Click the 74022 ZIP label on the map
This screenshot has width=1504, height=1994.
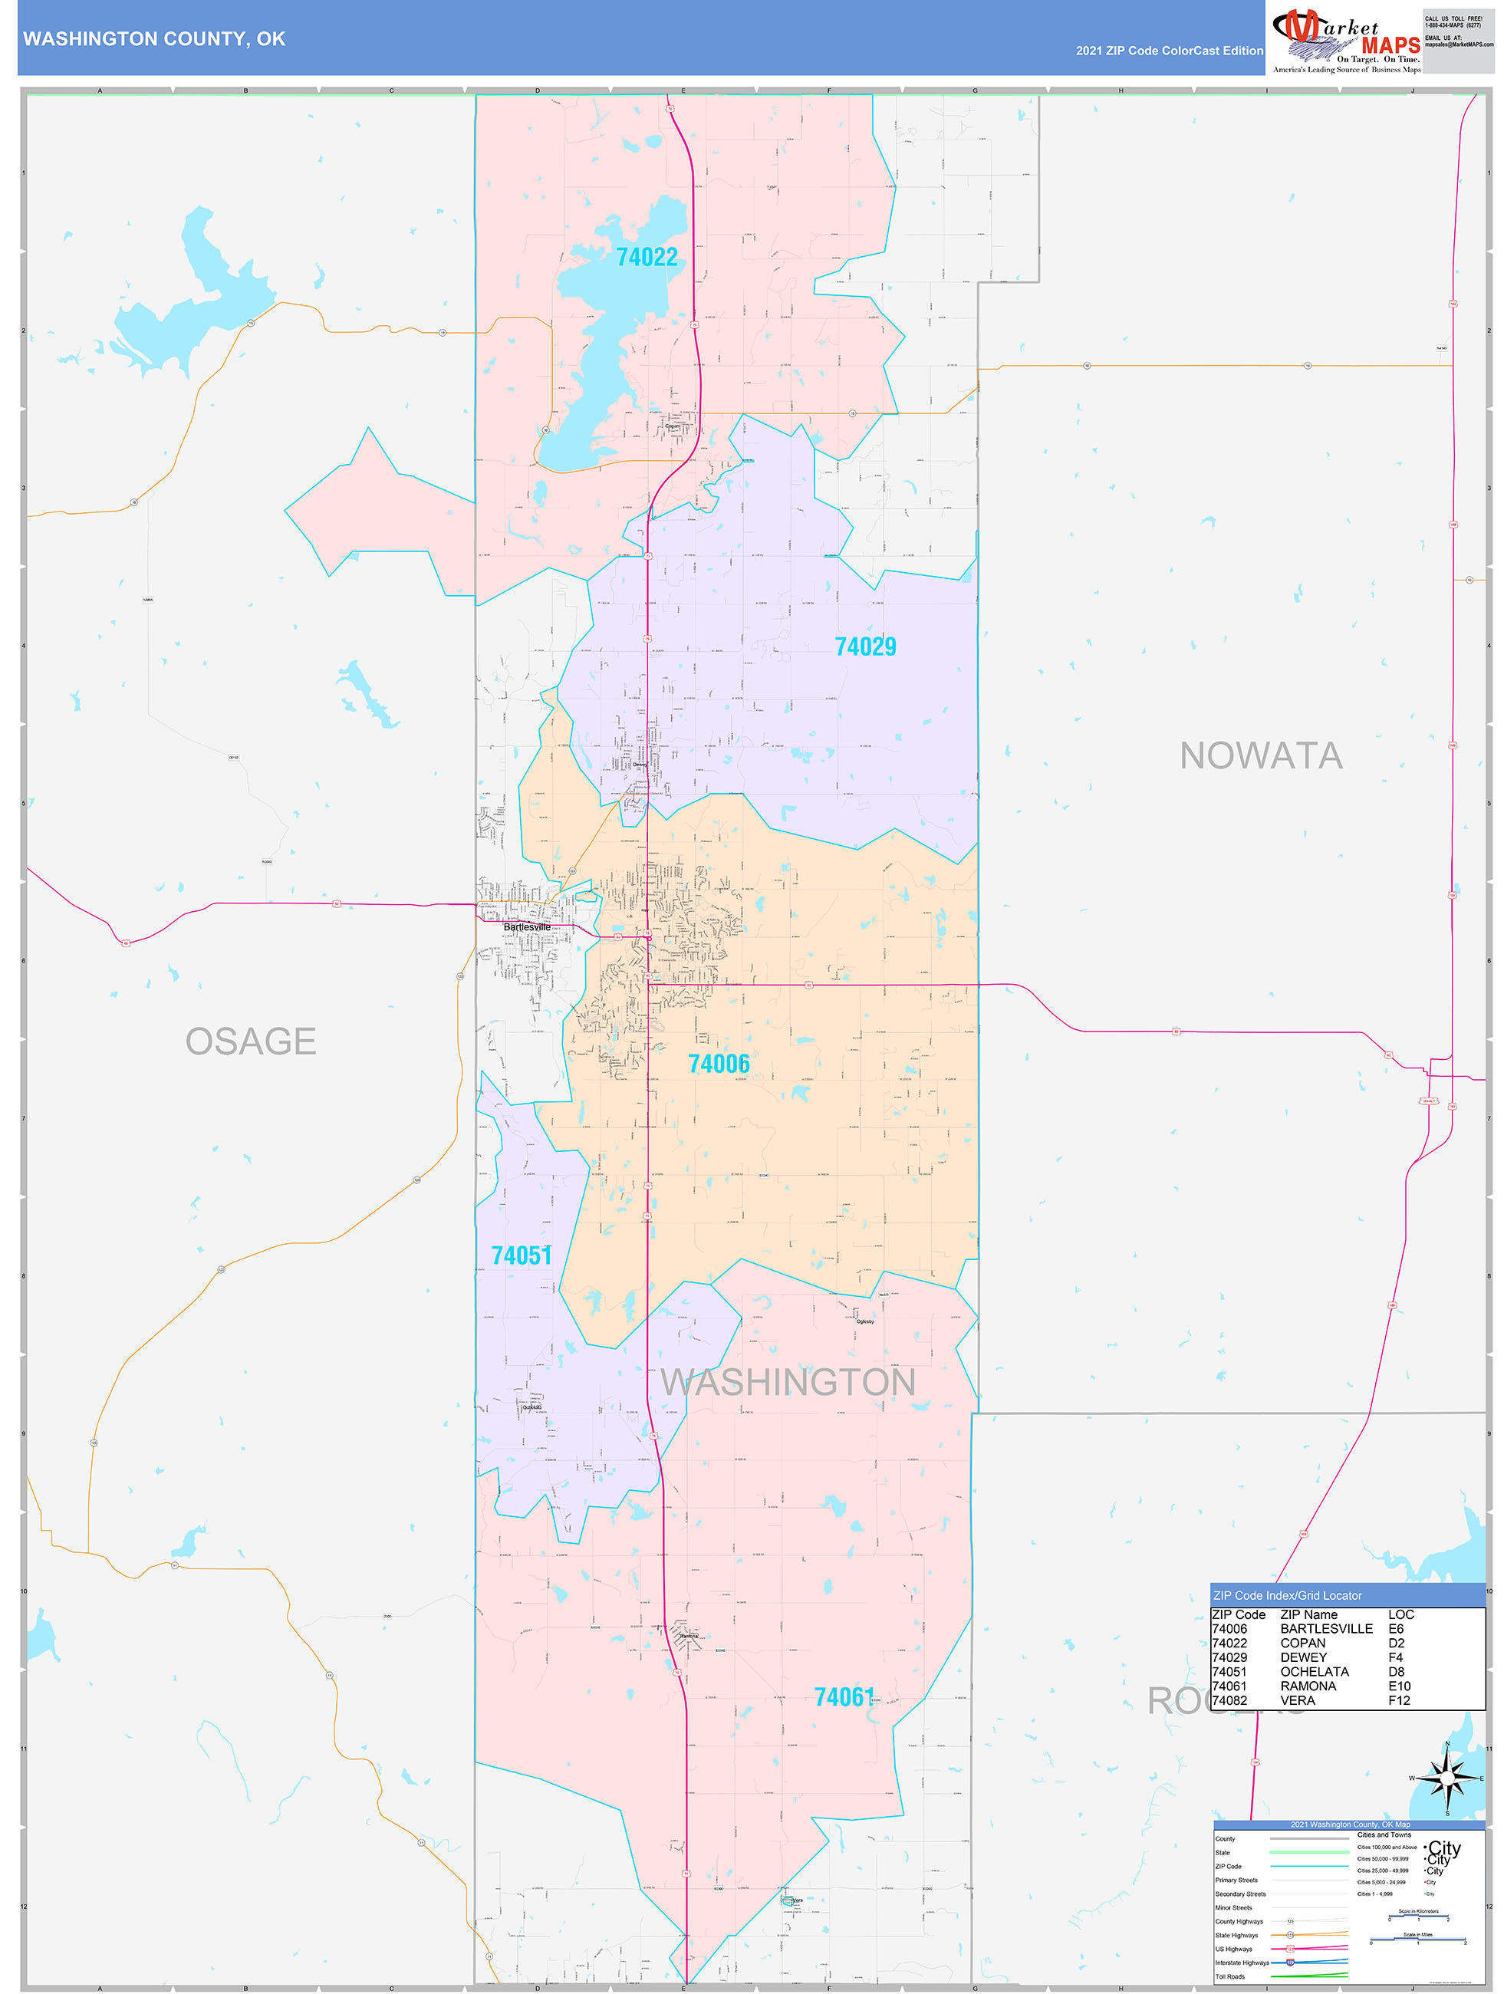[647, 258]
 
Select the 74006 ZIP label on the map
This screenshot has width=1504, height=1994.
[719, 1064]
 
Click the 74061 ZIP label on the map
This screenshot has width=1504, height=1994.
[844, 1697]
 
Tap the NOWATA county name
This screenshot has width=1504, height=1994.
[1261, 756]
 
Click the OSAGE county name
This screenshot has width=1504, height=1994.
[251, 1042]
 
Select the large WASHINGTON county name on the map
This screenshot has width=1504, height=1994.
[788, 1383]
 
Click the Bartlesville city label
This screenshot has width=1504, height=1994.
[527, 926]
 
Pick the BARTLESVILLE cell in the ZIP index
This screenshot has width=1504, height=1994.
[1326, 1629]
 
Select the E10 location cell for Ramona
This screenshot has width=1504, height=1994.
[1400, 1686]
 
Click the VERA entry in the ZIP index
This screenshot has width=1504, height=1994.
[1298, 1700]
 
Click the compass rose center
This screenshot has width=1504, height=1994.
[1447, 1778]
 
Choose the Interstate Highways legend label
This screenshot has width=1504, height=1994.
[1242, 1963]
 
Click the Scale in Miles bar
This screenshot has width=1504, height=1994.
[1418, 1939]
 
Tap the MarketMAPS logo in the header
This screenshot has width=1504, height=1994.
[1346, 40]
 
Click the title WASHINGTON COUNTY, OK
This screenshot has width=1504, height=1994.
[154, 39]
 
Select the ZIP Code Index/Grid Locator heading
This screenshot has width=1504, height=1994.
[1287, 1595]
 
